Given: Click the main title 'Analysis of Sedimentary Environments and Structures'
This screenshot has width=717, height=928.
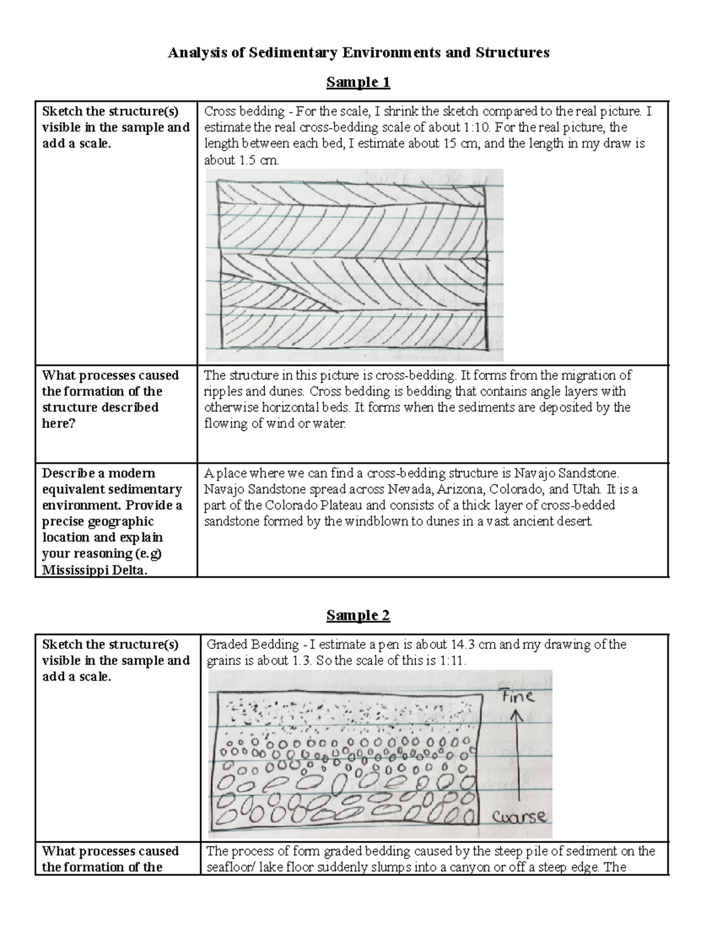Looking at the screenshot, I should click(358, 53).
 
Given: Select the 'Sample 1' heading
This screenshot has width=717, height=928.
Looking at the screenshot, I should click(358, 82).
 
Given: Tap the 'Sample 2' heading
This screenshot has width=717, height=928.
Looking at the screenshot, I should click(358, 615).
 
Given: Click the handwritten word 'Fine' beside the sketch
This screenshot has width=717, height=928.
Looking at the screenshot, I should click(518, 696).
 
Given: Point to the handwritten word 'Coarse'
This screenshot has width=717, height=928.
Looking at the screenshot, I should click(519, 816).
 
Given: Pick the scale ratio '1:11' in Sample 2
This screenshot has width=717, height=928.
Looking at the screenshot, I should click(454, 661).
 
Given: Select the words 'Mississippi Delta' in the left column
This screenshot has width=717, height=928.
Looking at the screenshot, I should click(93, 570).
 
